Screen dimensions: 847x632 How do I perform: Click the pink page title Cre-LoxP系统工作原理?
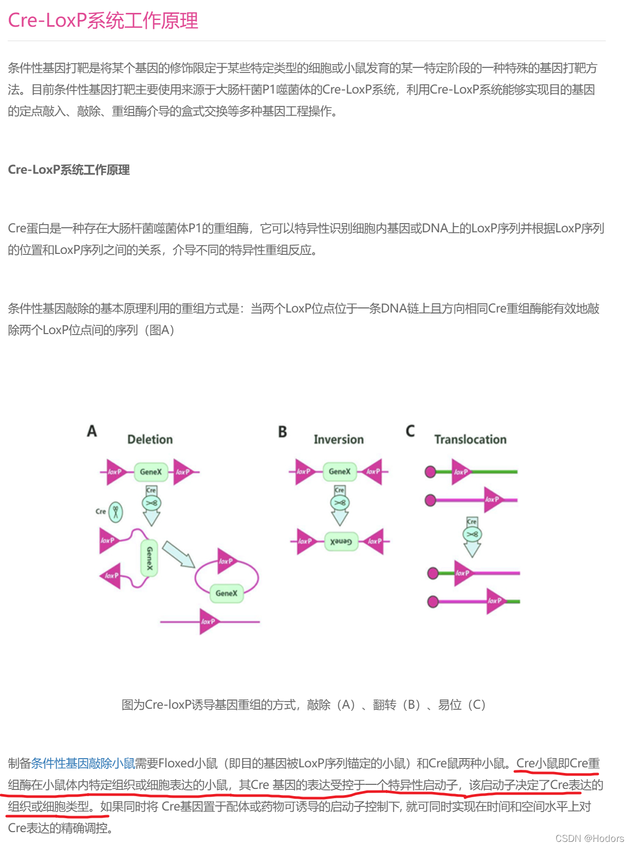tap(103, 21)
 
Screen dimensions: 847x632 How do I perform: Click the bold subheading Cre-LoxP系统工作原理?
tap(68, 170)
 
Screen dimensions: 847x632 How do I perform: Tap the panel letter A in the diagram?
tap(92, 431)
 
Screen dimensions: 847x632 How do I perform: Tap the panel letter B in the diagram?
tap(282, 432)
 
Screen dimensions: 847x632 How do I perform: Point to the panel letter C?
tap(410, 431)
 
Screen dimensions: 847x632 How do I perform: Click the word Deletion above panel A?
tap(150, 439)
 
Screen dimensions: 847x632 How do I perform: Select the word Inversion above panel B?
tap(339, 439)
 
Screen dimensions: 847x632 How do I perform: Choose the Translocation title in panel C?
tap(470, 439)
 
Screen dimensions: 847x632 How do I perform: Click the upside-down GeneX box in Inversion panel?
tap(341, 542)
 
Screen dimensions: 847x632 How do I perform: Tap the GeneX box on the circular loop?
tap(227, 593)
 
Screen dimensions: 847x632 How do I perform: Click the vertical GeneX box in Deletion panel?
tap(150, 558)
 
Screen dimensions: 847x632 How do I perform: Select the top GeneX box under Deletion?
tap(151, 472)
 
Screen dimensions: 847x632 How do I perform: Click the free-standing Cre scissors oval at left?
tap(116, 512)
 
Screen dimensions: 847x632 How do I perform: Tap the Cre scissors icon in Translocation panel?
tap(472, 535)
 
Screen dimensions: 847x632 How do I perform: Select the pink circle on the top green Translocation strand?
tap(431, 472)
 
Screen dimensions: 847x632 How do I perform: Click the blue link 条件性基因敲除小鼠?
tap(83, 763)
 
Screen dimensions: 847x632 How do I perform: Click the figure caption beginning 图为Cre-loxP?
tap(303, 705)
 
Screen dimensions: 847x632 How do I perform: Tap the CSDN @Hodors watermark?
tap(589, 838)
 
